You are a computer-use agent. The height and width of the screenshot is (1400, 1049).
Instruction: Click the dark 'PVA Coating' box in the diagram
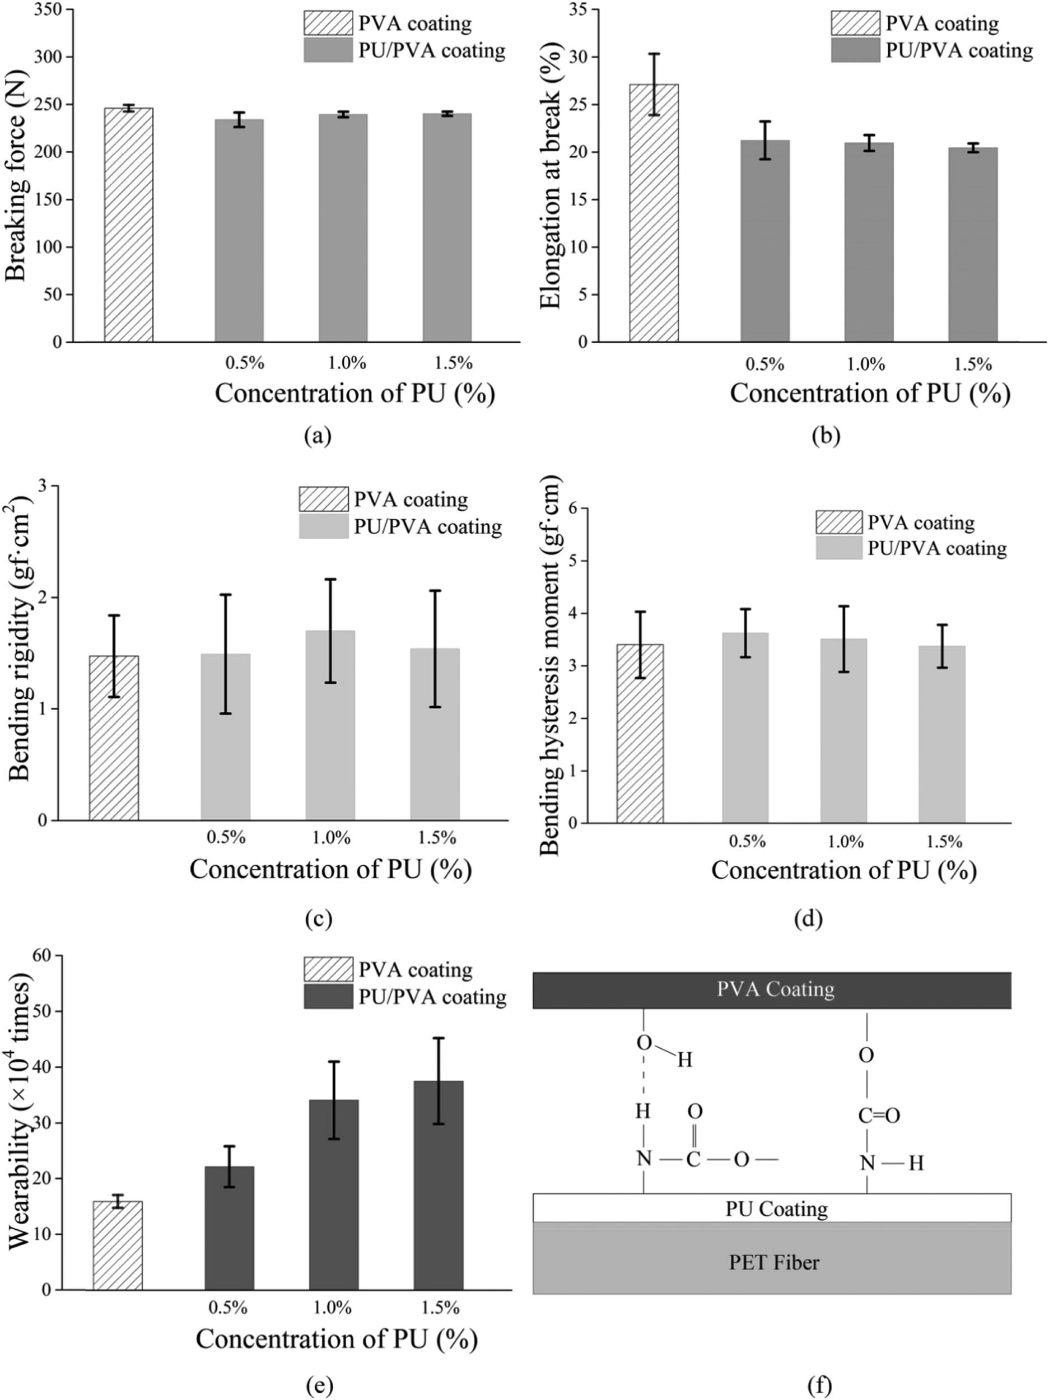coord(771,990)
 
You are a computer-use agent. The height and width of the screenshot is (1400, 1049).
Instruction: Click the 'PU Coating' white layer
coord(771,1209)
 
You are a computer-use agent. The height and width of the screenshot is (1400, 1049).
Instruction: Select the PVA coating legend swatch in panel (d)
coord(838,523)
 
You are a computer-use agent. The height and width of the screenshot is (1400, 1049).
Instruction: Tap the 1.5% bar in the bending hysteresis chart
coord(941,734)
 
